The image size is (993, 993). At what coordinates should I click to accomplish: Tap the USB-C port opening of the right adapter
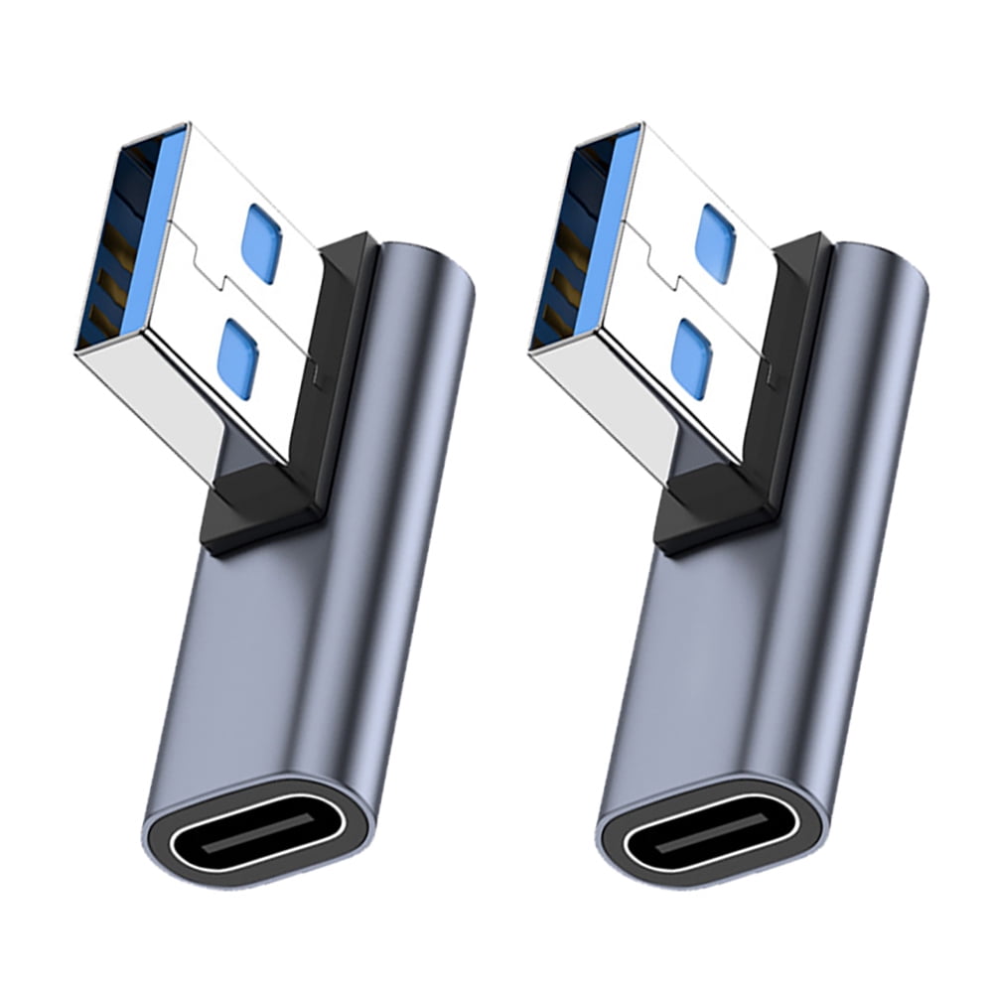coord(711,826)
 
